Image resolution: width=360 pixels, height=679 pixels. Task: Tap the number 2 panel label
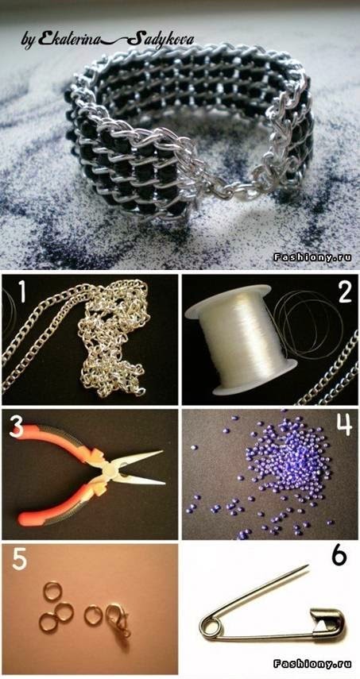[x=344, y=293]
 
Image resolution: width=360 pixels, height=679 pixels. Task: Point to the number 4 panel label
[x=344, y=424]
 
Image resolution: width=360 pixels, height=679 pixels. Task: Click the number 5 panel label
[x=19, y=558]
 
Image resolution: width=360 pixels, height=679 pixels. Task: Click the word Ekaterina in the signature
[x=69, y=40]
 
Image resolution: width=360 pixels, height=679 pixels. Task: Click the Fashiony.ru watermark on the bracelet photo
[x=312, y=257]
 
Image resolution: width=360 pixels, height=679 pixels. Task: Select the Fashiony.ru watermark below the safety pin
[x=312, y=663]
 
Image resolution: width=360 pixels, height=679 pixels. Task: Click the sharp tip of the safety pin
[x=307, y=565]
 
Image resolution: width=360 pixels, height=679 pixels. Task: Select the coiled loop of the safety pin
[x=209, y=628]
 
